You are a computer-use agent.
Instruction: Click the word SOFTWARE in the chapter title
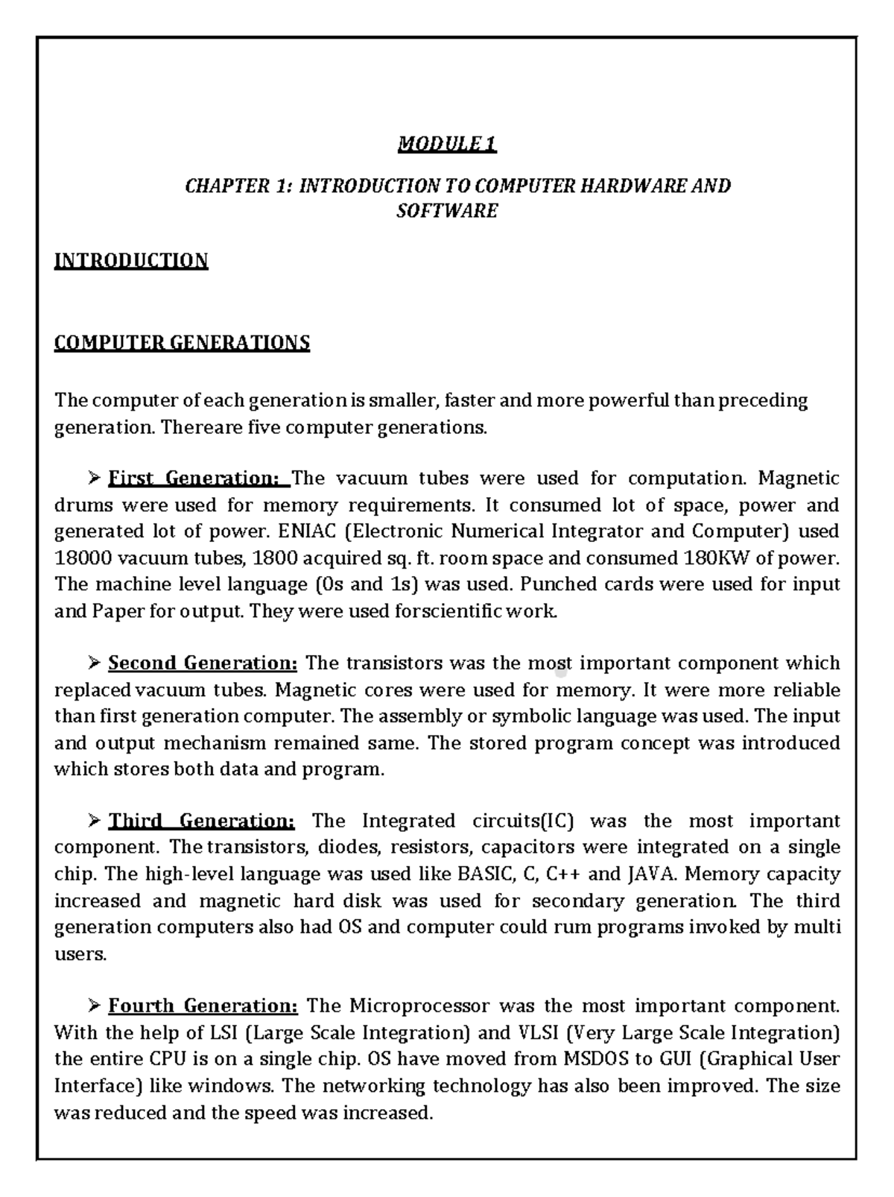(x=447, y=211)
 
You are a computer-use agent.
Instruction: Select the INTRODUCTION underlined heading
(x=131, y=260)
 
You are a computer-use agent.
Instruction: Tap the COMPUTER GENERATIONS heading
(x=182, y=343)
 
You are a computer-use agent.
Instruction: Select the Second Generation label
(x=203, y=663)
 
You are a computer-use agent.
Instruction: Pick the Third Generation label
(x=202, y=821)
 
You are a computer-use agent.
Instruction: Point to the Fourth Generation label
(x=203, y=1005)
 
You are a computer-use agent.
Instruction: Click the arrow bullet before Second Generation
(x=94, y=663)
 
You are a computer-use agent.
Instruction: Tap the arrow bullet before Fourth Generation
(x=94, y=1005)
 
